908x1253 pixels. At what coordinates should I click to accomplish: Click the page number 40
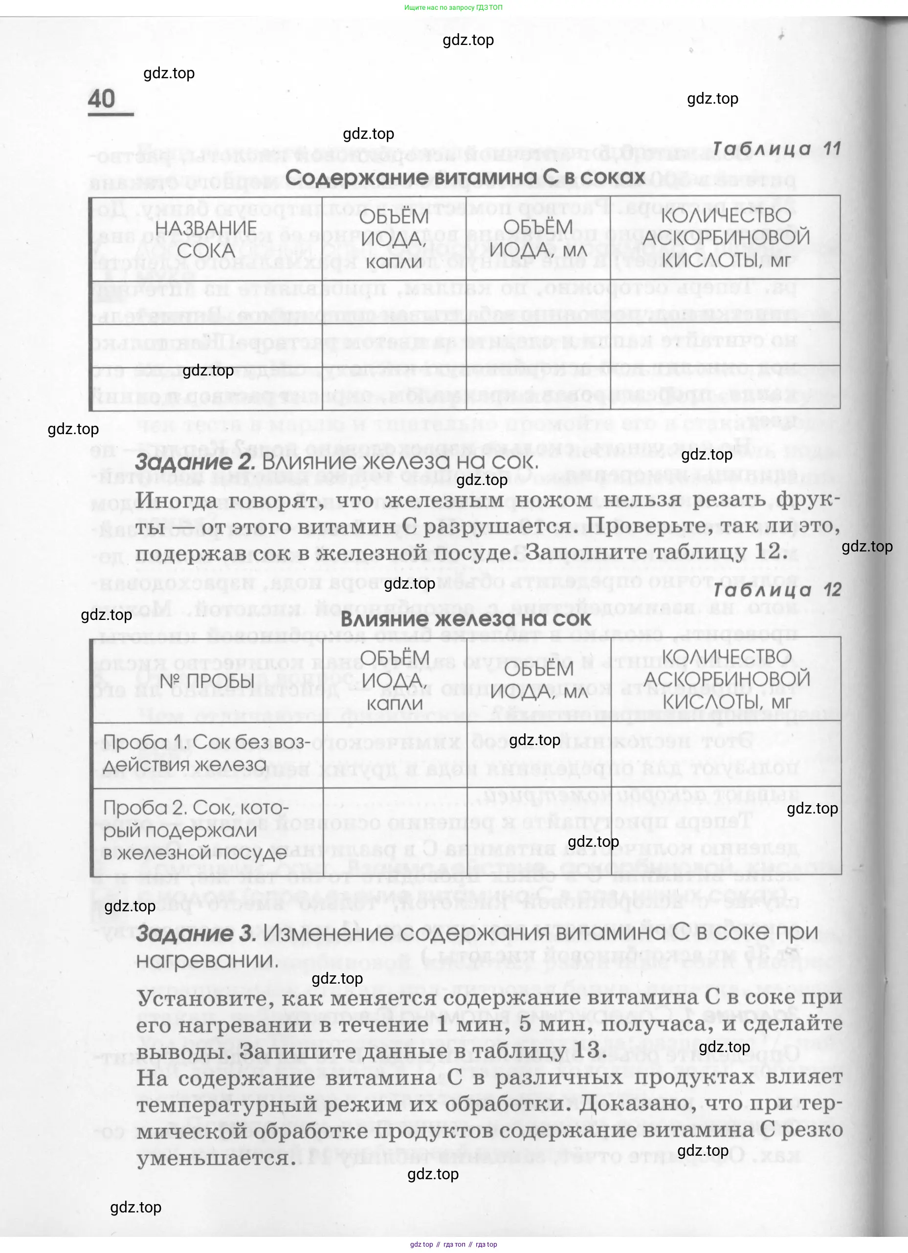(x=102, y=99)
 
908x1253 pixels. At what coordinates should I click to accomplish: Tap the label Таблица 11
(x=776, y=149)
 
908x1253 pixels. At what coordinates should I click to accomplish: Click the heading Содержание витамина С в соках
(x=465, y=177)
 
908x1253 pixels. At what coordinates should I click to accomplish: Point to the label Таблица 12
(x=777, y=590)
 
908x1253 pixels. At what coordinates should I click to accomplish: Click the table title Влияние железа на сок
(x=465, y=619)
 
